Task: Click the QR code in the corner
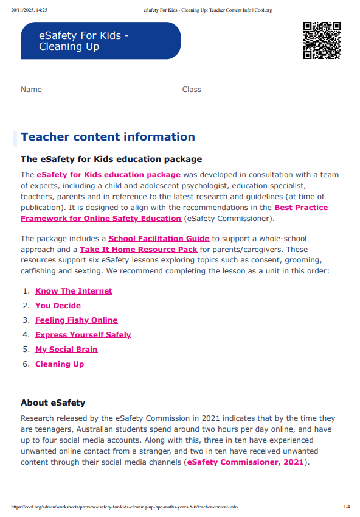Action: click(x=321, y=41)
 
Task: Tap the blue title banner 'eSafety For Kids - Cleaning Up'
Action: click(x=100, y=41)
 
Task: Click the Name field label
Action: click(x=31, y=90)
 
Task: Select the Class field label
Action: click(x=192, y=90)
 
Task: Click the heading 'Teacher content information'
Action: click(x=108, y=137)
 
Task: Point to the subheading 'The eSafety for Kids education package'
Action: click(x=111, y=160)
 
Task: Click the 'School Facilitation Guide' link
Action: click(x=159, y=239)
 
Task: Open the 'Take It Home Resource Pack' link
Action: click(x=138, y=250)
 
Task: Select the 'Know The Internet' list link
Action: click(x=74, y=291)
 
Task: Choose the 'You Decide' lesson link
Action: click(x=58, y=306)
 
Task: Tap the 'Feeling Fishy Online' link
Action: click(x=76, y=320)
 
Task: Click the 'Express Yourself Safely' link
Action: click(x=83, y=335)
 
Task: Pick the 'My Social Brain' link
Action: click(x=66, y=350)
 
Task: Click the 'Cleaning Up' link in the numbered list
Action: click(x=60, y=364)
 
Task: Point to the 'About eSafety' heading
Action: click(x=53, y=403)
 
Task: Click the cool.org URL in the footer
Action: click(x=124, y=507)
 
